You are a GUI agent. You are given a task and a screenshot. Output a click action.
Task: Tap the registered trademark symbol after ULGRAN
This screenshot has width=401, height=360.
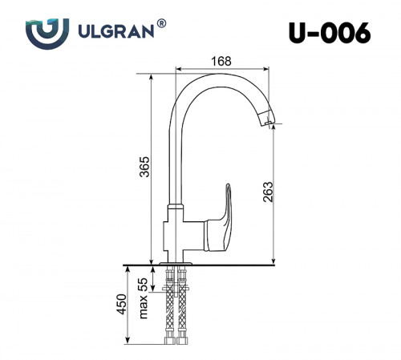click(x=162, y=25)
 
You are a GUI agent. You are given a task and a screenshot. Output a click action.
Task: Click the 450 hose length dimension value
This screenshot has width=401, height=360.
click(x=120, y=304)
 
